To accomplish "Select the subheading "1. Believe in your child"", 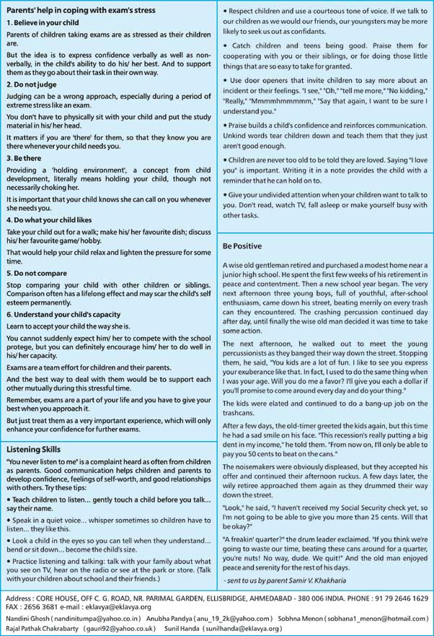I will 44,22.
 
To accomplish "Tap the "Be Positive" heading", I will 242,246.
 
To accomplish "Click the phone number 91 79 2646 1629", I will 402,598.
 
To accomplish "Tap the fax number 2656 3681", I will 46,608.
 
